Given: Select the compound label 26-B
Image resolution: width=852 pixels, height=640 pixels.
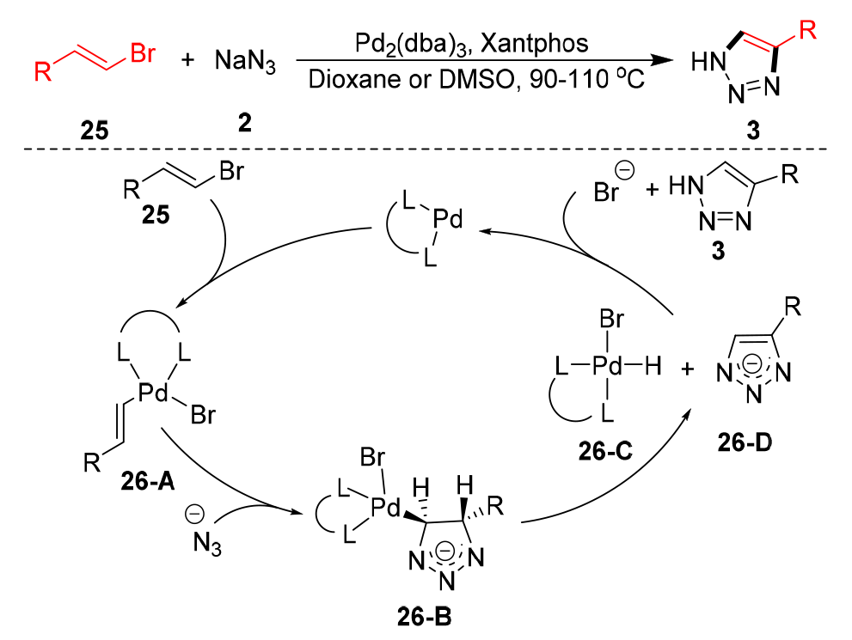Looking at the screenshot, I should pos(420,616).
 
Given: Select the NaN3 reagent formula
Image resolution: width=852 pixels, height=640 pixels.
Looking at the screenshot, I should pos(246,63).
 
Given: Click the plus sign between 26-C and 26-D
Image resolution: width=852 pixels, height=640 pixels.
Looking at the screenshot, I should pos(686,371).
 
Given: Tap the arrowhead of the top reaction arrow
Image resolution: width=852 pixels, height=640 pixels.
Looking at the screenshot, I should pos(662,62).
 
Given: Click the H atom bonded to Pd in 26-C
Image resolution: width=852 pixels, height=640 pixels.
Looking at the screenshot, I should pos(653,369).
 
